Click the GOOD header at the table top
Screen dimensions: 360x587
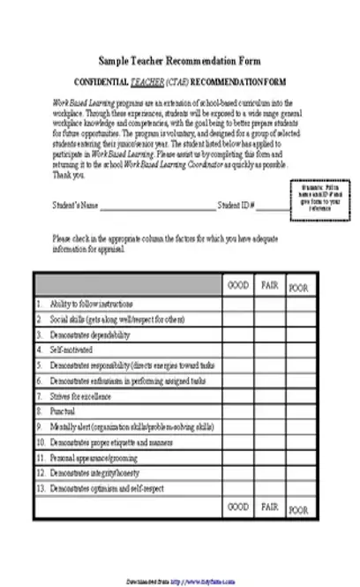coord(237,286)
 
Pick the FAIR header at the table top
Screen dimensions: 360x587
coord(270,286)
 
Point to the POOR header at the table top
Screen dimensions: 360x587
coord(299,288)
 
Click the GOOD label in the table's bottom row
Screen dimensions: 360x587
coord(237,508)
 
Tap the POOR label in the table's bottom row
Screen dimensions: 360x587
coord(299,509)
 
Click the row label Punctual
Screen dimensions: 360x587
coord(63,411)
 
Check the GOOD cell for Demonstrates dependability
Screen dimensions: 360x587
coord(237,335)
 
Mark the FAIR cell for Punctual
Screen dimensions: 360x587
coord(270,411)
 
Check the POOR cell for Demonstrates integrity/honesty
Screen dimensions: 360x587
coord(299,472)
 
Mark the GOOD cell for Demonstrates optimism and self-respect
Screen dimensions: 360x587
coord(237,487)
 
